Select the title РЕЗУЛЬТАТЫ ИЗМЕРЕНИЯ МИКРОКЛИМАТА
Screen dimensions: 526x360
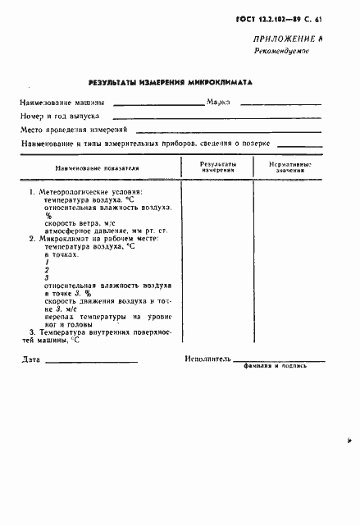click(171, 82)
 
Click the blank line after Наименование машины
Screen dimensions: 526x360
click(159, 104)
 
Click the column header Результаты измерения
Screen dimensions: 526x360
click(218, 167)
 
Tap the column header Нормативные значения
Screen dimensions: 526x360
click(289, 167)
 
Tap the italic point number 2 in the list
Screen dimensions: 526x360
click(48, 269)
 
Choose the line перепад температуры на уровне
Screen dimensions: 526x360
click(107, 316)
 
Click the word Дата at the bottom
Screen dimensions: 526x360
click(30, 359)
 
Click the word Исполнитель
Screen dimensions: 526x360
click(208, 359)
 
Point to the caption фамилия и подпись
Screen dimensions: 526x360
click(275, 366)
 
